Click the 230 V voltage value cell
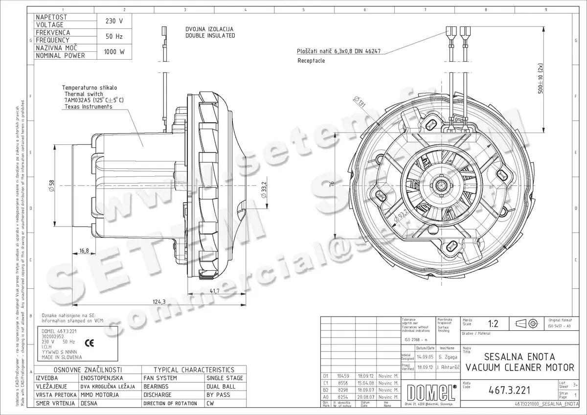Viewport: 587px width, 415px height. pos(114,21)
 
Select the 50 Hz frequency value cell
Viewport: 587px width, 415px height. pos(114,36)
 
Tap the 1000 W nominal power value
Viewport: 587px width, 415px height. pos(114,52)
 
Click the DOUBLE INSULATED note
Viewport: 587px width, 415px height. pos(210,36)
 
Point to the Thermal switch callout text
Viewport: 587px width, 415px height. pos(84,93)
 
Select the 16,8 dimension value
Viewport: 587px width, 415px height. pos(84,251)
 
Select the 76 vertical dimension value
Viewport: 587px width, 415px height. pos(332,184)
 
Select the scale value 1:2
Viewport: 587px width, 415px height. pos(493,323)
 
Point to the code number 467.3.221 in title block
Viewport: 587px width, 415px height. pos(509,390)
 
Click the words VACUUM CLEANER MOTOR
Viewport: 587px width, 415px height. pos(520,367)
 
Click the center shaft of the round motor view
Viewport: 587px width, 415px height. pos(443,185)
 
